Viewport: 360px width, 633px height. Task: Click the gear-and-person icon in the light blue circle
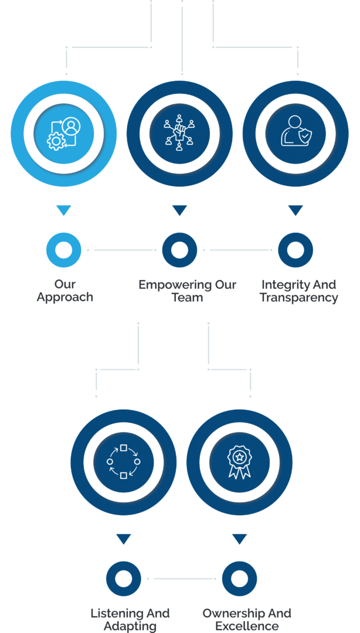63,134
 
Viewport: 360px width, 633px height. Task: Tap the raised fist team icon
179,133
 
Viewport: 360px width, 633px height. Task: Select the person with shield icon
295,133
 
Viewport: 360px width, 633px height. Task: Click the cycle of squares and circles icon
123,462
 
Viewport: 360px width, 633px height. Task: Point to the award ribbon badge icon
239,462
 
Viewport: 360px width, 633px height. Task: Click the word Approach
64,298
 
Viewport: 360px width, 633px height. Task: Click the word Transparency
299,298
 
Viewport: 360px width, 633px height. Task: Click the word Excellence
247,626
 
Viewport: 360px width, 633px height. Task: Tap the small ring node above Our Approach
63,250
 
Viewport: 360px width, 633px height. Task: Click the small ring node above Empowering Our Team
179,250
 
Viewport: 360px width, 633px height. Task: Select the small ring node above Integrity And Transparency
295,250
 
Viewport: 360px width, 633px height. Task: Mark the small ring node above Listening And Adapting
123,578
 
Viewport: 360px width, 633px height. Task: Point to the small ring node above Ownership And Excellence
239,578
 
